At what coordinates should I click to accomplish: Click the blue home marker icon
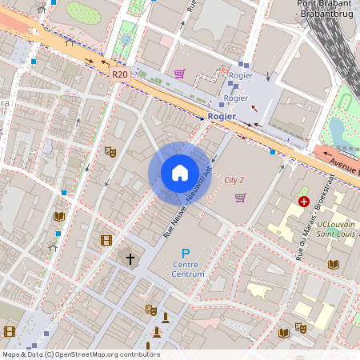tap(179, 172)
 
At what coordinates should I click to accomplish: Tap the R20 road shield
tap(120, 74)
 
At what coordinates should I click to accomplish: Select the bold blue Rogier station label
tap(222, 116)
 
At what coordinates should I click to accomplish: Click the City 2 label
tap(234, 180)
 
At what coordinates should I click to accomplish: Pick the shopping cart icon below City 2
tap(240, 198)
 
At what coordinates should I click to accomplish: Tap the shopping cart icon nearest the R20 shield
tap(179, 74)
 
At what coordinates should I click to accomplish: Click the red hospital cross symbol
tap(303, 202)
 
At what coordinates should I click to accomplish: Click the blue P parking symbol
tap(186, 254)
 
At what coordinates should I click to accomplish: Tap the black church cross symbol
tap(130, 258)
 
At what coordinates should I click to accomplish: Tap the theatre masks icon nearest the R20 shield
tap(110, 151)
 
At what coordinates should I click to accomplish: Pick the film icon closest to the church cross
tap(106, 240)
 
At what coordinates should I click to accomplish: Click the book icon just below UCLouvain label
tap(333, 264)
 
